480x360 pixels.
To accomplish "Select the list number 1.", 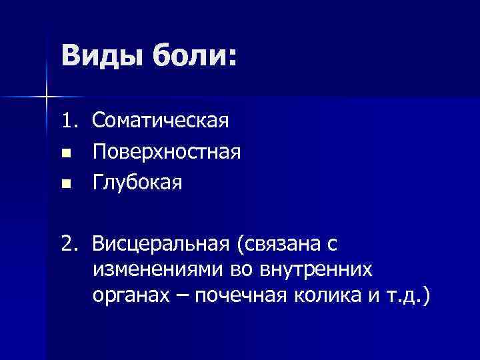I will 70,120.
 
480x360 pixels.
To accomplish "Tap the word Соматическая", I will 161,121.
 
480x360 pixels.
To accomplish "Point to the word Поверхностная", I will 167,151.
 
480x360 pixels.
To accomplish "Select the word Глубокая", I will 137,182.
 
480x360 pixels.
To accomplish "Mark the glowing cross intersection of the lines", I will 47,97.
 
